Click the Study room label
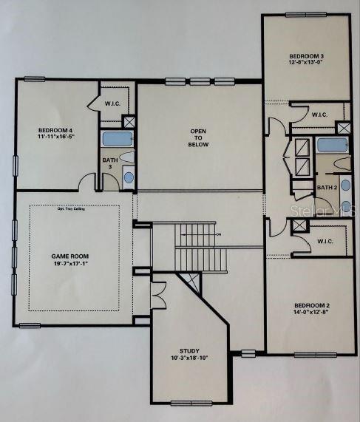tap(189, 351)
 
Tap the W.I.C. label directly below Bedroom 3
tap(319, 115)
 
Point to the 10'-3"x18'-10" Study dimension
tap(189, 360)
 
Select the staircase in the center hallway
tap(201, 248)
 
